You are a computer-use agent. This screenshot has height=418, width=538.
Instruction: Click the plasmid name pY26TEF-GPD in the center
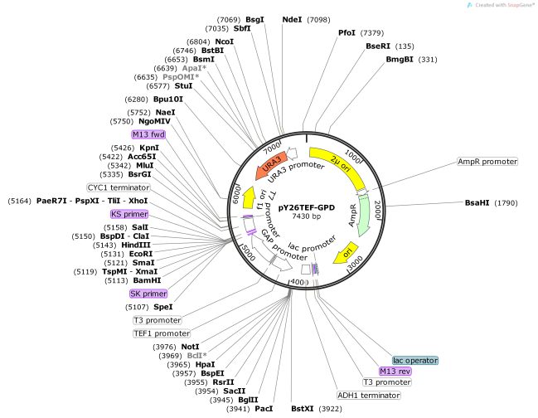[306, 207]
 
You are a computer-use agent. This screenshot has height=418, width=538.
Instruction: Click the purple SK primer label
[148, 294]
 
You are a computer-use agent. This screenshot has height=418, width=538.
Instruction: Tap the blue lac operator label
[415, 360]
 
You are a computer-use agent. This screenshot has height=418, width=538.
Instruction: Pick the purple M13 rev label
[395, 372]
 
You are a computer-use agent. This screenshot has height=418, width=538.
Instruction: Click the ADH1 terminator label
[368, 395]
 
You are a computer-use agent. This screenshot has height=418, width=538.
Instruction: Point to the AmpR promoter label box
[487, 161]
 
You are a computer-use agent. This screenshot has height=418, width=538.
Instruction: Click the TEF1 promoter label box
[156, 333]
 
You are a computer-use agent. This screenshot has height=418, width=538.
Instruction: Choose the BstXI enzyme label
[303, 408]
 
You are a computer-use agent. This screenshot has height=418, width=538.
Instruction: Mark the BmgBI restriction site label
[400, 59]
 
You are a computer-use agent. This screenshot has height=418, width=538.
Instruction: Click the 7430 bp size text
[306, 216]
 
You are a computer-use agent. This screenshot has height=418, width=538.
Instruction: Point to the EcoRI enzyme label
[141, 254]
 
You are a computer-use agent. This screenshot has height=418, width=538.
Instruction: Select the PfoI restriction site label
[347, 32]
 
